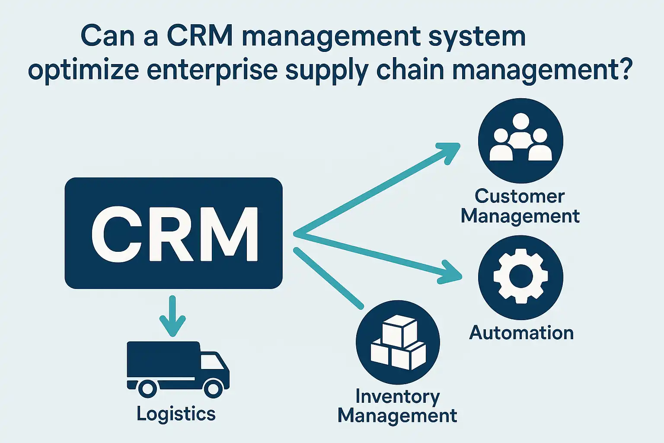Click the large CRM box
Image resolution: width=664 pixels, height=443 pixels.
(173, 233)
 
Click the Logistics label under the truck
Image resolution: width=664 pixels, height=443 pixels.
(176, 414)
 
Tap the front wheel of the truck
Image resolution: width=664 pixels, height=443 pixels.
(213, 388)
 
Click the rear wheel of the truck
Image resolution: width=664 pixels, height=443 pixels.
(147, 388)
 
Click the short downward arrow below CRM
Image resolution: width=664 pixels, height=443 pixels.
(172, 318)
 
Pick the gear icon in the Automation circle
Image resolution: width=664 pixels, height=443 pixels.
(520, 276)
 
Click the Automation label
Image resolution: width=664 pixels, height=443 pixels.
(521, 333)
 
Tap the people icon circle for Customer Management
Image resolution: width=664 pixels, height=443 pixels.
(520, 141)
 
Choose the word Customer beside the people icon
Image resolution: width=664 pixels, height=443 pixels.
(520, 196)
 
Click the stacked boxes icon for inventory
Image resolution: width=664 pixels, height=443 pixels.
(398, 342)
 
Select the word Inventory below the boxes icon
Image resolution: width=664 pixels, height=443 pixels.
(398, 396)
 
